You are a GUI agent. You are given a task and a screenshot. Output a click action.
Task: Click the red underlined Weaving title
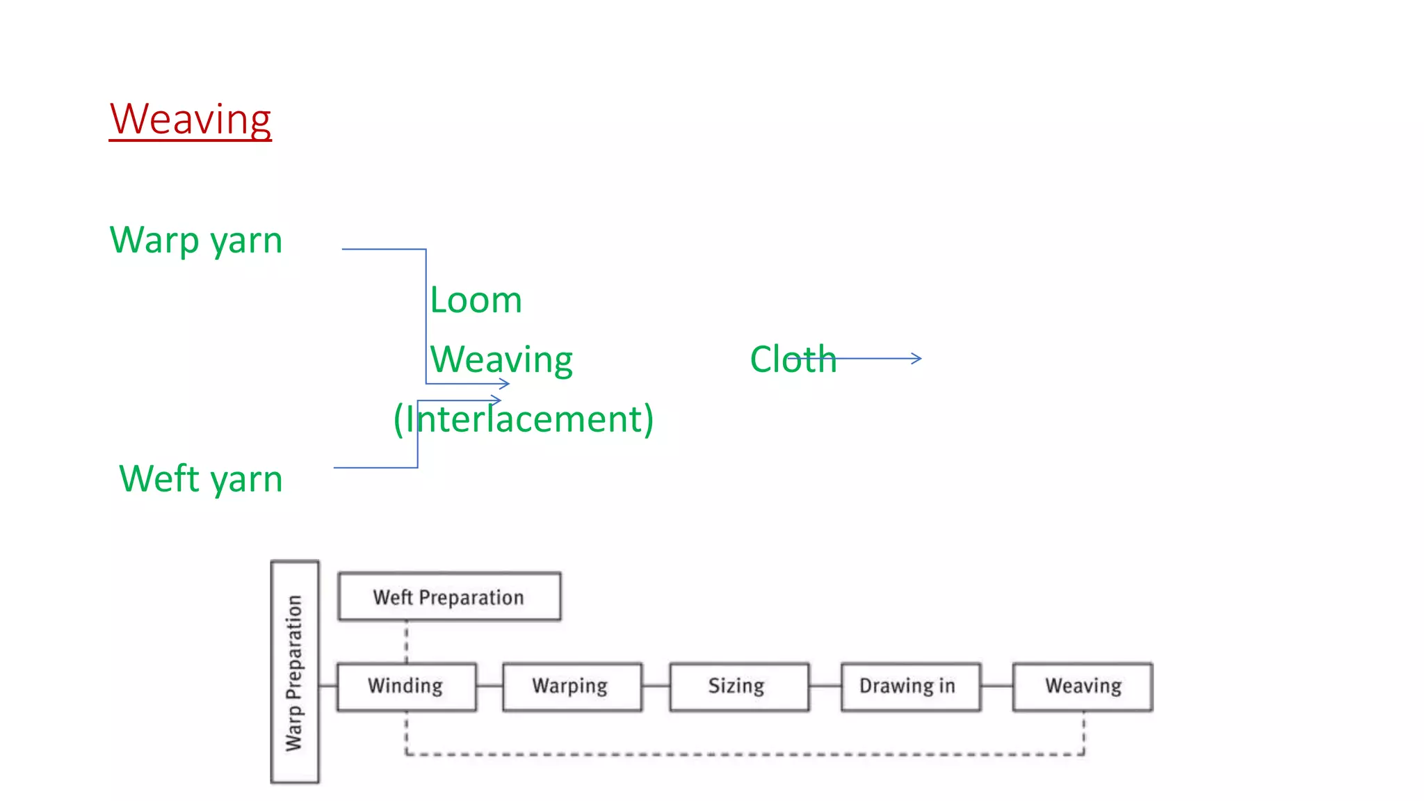[x=190, y=120]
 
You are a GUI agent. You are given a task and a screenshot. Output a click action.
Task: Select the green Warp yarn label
[x=196, y=241]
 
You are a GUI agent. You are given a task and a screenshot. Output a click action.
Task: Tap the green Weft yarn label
[x=200, y=479]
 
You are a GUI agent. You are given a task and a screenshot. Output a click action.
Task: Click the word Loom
[x=476, y=300]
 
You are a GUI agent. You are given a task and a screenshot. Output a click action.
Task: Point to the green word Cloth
[x=792, y=359]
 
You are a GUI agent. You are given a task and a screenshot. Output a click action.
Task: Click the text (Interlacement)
[x=523, y=419]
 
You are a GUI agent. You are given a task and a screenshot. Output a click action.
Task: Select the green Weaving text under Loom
[x=501, y=359]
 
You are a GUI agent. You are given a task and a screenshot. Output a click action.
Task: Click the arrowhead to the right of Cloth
[x=917, y=359]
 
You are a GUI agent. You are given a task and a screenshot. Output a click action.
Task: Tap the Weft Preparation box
[x=449, y=597]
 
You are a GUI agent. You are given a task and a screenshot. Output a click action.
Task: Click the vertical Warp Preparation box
[x=295, y=672]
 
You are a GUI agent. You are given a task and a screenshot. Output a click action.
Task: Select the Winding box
[x=406, y=686]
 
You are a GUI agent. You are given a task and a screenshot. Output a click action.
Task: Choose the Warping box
[x=572, y=686]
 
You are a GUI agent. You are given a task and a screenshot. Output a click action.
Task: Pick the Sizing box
[x=738, y=686]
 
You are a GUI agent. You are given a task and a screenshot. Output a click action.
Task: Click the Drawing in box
[x=909, y=686]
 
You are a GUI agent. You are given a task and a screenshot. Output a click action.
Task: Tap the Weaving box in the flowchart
[x=1082, y=686]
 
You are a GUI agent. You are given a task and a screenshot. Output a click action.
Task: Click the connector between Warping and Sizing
[x=656, y=686]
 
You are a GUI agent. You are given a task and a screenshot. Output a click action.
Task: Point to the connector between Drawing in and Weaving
[x=996, y=686]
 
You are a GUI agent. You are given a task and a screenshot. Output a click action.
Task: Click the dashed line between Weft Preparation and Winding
[x=406, y=642]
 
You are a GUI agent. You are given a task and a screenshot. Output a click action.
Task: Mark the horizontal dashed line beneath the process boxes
[x=744, y=754]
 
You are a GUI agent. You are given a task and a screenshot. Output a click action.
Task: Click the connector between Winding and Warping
[x=489, y=686]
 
